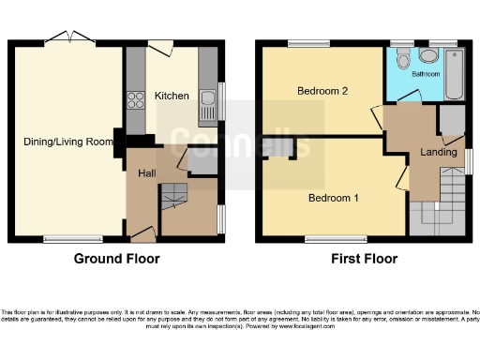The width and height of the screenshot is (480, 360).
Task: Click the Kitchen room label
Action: [x=172, y=96]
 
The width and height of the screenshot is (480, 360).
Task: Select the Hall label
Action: [x=147, y=173]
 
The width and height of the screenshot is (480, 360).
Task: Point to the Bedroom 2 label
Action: [x=322, y=91]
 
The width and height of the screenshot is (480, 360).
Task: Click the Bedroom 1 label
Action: [x=334, y=198]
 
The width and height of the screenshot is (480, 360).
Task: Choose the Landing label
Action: [x=439, y=152]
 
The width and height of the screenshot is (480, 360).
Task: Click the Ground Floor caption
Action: [x=116, y=259]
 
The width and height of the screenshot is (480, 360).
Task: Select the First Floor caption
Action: [x=364, y=259]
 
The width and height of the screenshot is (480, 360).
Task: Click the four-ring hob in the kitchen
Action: [x=136, y=98]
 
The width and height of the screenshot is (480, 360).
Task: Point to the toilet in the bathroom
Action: [x=403, y=59]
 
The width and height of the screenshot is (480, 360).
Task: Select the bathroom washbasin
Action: [x=427, y=55]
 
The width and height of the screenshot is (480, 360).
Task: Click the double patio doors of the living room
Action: [x=71, y=38]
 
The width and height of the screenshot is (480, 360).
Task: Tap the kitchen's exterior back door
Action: [x=160, y=45]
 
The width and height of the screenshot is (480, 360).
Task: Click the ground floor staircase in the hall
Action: [x=173, y=198]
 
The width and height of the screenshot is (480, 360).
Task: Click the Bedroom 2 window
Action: [x=307, y=43]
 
